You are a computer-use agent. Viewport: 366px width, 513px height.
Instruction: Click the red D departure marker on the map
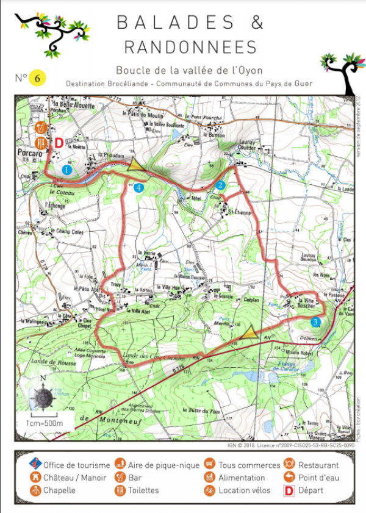coord(59,142)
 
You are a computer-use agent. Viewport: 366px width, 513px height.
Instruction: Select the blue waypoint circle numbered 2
coord(221,185)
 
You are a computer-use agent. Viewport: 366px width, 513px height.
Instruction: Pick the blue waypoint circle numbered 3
coord(315,321)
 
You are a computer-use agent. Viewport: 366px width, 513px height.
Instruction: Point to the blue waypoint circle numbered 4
coord(140,188)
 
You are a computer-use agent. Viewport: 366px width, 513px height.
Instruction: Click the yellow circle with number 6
coord(38,78)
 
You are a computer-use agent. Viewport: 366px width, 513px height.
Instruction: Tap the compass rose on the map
coord(43,397)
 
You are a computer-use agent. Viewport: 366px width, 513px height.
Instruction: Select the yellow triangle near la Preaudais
coord(135,163)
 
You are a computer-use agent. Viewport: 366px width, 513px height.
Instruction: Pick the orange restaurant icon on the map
coord(41,142)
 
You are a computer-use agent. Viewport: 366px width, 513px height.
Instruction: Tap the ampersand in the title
coord(256,23)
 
